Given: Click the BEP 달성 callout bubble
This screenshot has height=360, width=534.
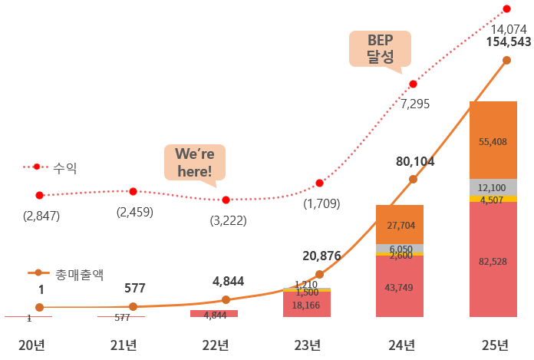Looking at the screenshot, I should click(x=379, y=48).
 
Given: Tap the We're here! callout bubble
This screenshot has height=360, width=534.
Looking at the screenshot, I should click(x=194, y=161).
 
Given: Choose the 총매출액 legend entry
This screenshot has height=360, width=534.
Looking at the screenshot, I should click(x=74, y=272).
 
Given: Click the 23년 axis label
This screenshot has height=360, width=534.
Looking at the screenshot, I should click(x=307, y=345).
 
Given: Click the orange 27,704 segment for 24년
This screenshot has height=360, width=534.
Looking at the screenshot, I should click(x=400, y=224).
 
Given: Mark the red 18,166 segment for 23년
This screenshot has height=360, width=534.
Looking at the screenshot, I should click(x=307, y=305).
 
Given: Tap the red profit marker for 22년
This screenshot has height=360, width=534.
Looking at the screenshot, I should click(x=226, y=200).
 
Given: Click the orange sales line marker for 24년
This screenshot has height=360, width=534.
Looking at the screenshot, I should click(x=413, y=179).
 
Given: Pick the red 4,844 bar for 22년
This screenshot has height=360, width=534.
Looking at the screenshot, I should click(x=214, y=314).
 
